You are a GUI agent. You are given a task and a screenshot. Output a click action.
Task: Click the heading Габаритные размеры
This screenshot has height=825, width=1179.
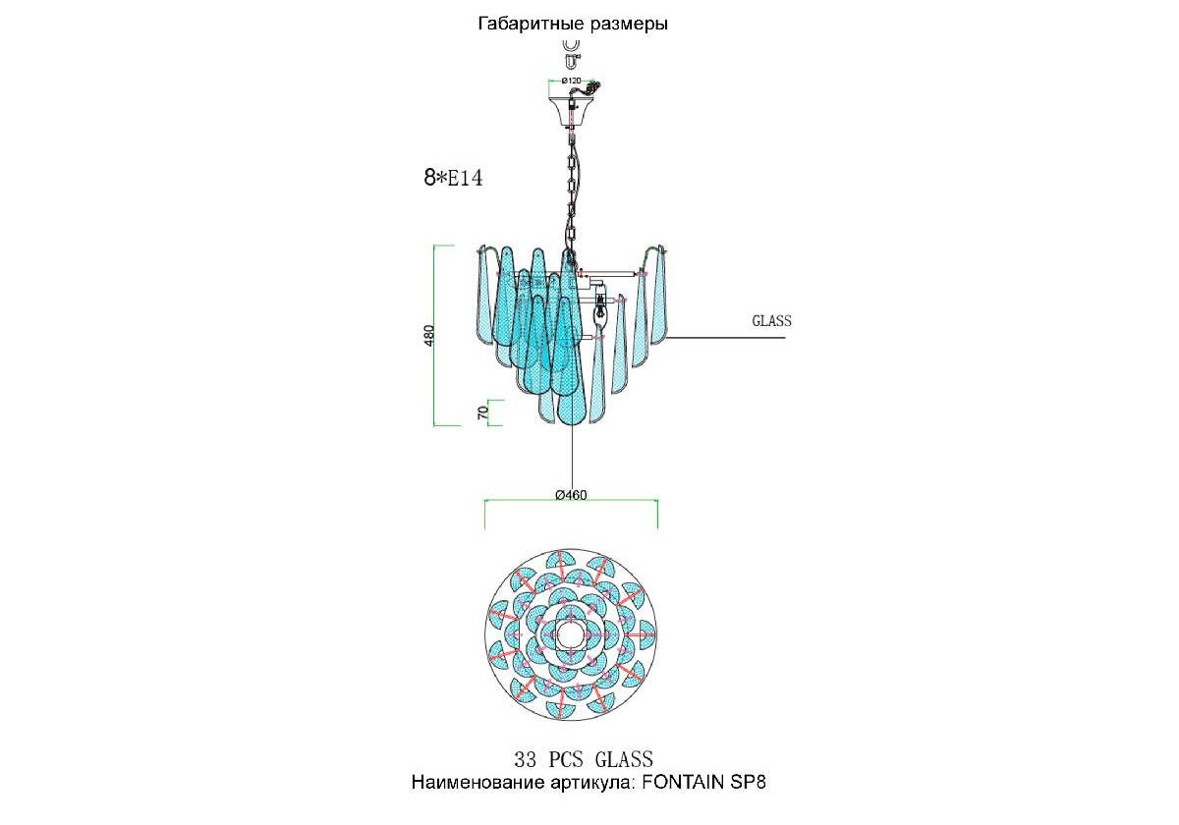(x=573, y=24)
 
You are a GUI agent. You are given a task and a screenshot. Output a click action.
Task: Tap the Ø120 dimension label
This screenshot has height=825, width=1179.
(x=571, y=81)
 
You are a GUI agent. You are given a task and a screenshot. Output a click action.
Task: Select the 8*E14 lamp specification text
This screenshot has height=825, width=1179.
(x=453, y=178)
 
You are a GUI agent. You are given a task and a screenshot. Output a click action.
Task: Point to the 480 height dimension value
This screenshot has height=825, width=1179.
(x=429, y=336)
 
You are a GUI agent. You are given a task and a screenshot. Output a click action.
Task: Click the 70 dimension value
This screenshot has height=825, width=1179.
(x=482, y=412)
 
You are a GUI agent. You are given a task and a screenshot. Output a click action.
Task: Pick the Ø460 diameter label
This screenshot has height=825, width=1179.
(x=571, y=495)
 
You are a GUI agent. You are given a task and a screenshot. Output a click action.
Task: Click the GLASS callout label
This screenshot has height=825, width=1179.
(x=771, y=321)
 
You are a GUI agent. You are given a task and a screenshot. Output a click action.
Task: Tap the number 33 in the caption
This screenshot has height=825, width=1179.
(x=526, y=760)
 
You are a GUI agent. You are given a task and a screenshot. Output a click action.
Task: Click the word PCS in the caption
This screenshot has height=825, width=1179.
(x=566, y=760)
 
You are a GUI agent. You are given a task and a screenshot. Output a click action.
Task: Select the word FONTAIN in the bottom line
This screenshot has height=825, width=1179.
(x=683, y=783)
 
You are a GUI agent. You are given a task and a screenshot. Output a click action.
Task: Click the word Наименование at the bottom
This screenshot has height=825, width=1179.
(x=477, y=783)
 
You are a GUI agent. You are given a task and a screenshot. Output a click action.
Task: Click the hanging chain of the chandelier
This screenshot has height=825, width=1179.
(x=571, y=194)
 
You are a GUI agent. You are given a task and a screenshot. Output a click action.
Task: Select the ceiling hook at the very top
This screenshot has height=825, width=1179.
(x=572, y=54)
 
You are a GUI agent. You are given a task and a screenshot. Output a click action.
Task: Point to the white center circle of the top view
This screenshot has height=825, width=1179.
(x=571, y=635)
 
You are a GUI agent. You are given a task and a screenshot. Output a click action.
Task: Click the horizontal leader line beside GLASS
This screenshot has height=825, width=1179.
(x=725, y=337)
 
